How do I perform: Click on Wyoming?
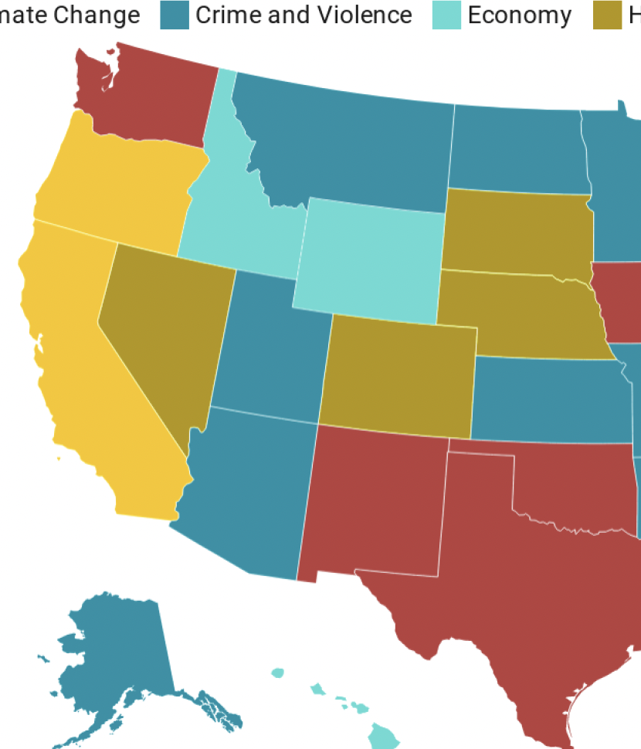(x=371, y=259)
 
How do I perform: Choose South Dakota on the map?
(x=517, y=232)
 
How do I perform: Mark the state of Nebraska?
(x=517, y=313)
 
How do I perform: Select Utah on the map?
(x=266, y=347)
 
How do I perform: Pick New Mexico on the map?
(x=375, y=502)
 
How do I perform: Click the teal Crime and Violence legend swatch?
(x=175, y=15)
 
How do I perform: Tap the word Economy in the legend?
(x=519, y=15)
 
